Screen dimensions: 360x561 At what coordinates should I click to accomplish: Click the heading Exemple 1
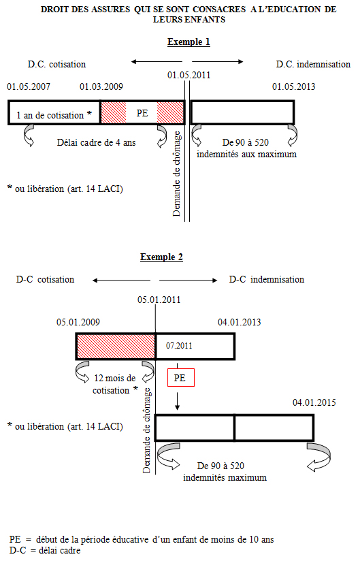(189, 42)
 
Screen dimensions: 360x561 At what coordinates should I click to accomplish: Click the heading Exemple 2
(161, 257)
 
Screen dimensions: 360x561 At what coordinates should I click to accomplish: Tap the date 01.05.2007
(29, 86)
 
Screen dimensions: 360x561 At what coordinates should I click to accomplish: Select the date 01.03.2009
(101, 86)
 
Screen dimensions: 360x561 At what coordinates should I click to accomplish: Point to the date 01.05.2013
(293, 86)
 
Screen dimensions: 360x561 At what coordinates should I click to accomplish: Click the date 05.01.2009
(78, 322)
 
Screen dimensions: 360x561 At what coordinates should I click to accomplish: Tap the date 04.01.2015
(314, 402)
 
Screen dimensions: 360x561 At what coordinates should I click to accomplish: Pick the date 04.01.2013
(239, 322)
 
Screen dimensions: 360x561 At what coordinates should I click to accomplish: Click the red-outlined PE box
(181, 377)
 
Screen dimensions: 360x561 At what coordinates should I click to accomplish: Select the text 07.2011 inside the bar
(179, 346)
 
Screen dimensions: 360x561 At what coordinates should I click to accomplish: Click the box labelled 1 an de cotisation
(54, 113)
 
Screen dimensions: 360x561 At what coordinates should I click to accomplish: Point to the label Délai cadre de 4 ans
(96, 142)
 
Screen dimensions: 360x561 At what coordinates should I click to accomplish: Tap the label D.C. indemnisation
(313, 64)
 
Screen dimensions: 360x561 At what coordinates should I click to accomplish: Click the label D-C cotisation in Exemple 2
(45, 279)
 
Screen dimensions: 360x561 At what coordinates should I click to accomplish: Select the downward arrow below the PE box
(177, 401)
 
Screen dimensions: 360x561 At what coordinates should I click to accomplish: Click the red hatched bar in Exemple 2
(116, 347)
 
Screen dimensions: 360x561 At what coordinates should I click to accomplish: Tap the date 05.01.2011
(159, 300)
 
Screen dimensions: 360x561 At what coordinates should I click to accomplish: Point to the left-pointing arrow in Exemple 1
(157, 62)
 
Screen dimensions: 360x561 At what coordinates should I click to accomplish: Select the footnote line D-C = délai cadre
(45, 550)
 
